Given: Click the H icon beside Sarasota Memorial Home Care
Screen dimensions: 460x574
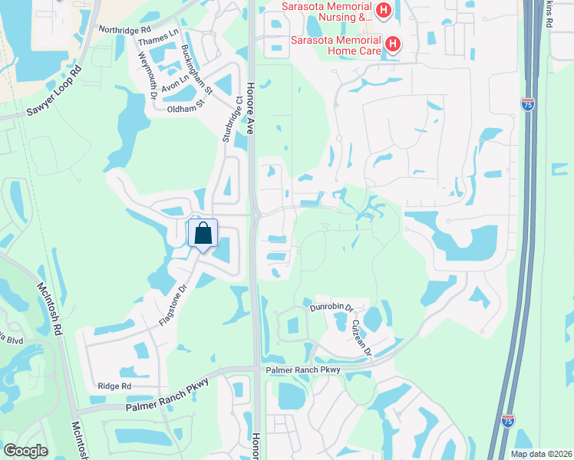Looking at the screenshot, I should click(x=392, y=44).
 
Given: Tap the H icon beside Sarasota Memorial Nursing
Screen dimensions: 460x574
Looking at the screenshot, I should click(x=384, y=11).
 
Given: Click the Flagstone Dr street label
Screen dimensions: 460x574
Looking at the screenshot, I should click(x=173, y=305).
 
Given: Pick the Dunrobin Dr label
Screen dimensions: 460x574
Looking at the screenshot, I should click(x=331, y=307).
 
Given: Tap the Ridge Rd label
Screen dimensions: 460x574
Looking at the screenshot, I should click(x=114, y=386).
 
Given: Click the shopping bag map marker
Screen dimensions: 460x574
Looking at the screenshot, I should click(x=203, y=233).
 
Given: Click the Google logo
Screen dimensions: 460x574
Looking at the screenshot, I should click(x=25, y=451).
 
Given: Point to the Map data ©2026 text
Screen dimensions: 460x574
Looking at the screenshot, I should click(x=540, y=454).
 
